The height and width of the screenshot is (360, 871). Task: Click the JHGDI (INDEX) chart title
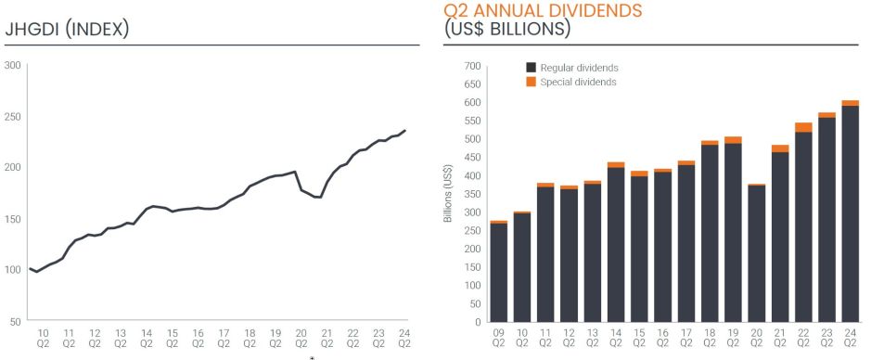pos(67,29)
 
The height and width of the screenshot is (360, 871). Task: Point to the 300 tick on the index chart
pos(14,65)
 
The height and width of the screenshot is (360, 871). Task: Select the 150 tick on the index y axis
pos(14,219)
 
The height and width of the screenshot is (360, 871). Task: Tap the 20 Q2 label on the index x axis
pos(301,338)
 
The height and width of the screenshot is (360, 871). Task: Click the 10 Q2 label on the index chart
pos(43,338)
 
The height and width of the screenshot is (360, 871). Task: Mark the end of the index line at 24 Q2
pos(405,131)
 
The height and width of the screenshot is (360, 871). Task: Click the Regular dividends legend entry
pos(571,68)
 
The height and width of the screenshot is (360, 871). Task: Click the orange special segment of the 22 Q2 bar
pos(803,127)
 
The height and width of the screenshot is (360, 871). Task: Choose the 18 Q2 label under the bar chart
pos(709,338)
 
